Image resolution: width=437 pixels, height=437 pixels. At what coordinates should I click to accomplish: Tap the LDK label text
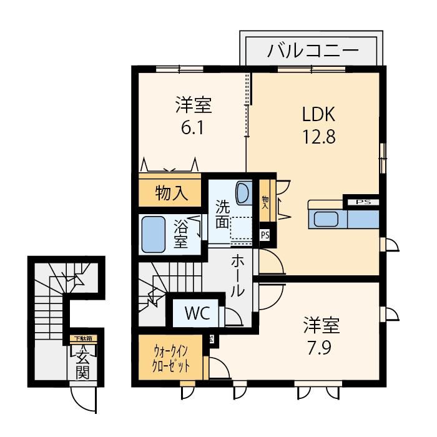pyautogui.click(x=319, y=114)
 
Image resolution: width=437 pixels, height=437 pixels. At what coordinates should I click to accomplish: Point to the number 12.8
pyautogui.click(x=319, y=136)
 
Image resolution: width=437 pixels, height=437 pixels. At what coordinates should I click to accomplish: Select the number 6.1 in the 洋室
pyautogui.click(x=192, y=127)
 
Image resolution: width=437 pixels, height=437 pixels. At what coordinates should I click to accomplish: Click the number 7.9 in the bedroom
pyautogui.click(x=320, y=348)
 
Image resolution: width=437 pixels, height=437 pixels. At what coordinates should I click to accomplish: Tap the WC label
pyautogui.click(x=197, y=313)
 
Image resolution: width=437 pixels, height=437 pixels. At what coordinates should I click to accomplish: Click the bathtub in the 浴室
pyautogui.click(x=154, y=235)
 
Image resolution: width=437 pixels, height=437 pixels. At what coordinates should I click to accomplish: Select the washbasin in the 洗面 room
pyautogui.click(x=244, y=193)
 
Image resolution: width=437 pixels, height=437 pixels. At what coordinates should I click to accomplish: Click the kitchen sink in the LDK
pyautogui.click(x=326, y=219)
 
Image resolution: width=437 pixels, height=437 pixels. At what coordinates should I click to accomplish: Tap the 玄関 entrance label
pyautogui.click(x=83, y=364)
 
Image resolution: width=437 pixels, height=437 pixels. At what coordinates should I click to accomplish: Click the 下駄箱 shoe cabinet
pyautogui.click(x=83, y=339)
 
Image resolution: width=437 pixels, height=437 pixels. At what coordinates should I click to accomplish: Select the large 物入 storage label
pyautogui.click(x=172, y=193)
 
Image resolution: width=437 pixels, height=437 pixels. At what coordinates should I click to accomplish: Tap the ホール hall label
pyautogui.click(x=238, y=276)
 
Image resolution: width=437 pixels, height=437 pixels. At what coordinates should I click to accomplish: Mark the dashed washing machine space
pyautogui.click(x=241, y=228)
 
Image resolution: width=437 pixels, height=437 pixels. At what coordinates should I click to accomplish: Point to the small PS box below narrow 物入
pyautogui.click(x=265, y=235)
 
